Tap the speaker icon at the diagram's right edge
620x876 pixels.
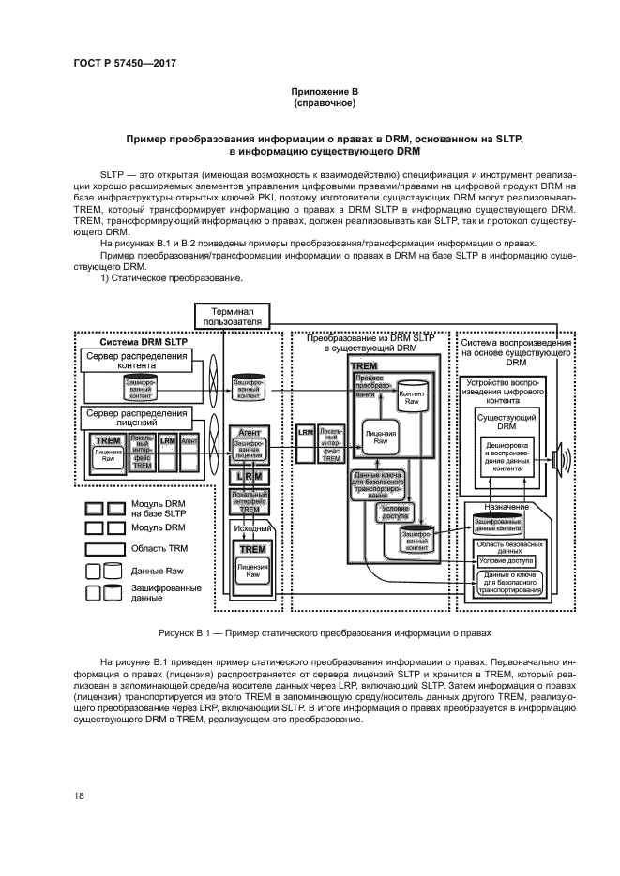[561, 460]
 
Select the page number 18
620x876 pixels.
[79, 796]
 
